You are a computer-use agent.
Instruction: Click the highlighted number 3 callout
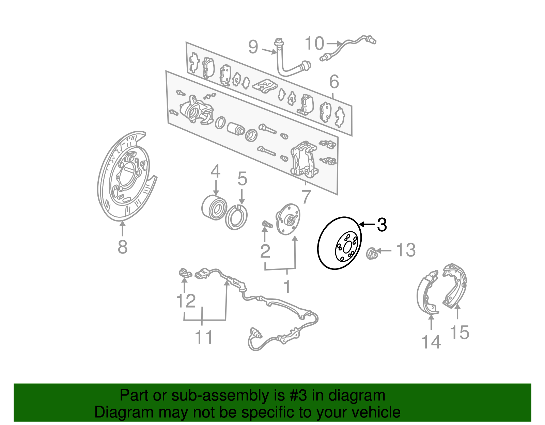(x=382, y=225)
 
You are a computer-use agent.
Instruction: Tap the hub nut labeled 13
(x=371, y=253)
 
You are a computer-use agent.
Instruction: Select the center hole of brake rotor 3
(x=347, y=247)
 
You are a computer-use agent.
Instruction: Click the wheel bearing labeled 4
(x=214, y=207)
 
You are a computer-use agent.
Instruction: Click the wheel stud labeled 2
(x=267, y=225)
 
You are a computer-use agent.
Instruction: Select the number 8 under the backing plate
(x=122, y=247)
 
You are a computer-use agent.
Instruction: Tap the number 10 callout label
(x=314, y=44)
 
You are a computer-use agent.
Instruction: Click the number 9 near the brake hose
(x=253, y=47)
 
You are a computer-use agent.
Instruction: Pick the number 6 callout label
(x=334, y=82)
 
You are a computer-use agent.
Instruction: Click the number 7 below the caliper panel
(x=306, y=197)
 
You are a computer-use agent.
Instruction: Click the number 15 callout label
(x=460, y=332)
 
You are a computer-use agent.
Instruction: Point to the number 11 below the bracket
(x=203, y=337)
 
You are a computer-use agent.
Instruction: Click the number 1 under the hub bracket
(x=287, y=287)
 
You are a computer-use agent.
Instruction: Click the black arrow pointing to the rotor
(x=367, y=224)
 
